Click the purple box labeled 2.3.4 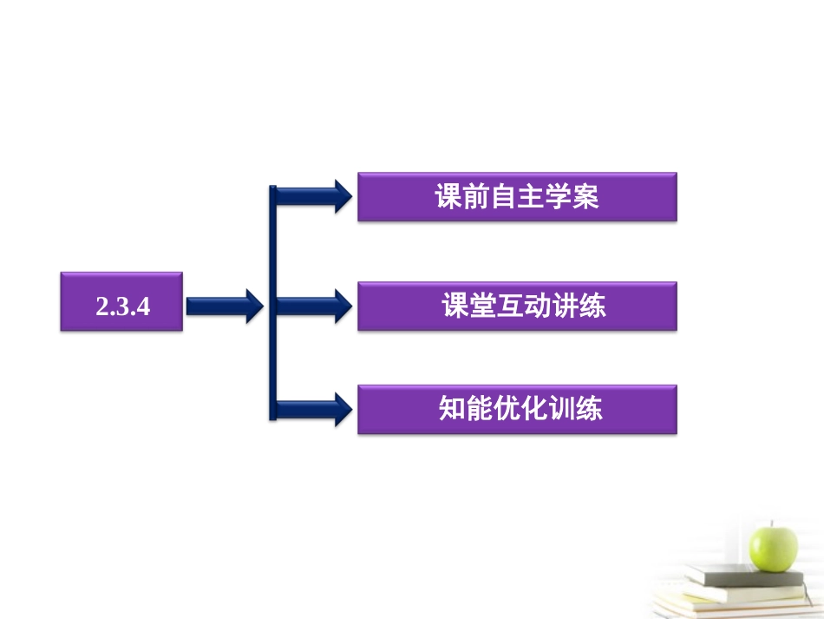click(x=121, y=302)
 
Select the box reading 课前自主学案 click(x=517, y=197)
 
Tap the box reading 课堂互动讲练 click(x=517, y=306)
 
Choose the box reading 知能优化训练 click(x=517, y=410)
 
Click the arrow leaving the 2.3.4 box click(x=224, y=304)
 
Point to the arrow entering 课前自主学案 click(x=312, y=196)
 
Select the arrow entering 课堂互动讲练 click(x=312, y=306)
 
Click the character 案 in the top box click(x=585, y=198)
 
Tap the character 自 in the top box click(x=503, y=198)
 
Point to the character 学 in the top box click(x=558, y=198)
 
